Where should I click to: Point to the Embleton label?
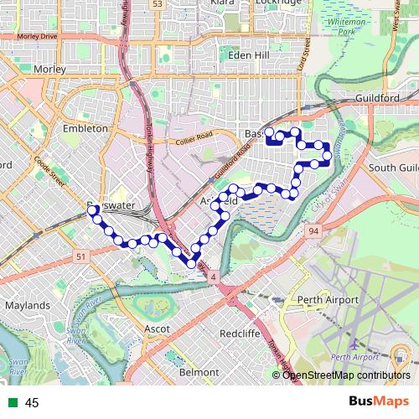(x=85, y=129)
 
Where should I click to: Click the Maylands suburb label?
(x=27, y=306)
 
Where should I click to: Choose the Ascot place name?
(x=158, y=328)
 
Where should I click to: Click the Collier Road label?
(x=194, y=138)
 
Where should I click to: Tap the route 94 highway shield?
(x=313, y=230)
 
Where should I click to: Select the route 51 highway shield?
(x=80, y=256)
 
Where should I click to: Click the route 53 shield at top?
(x=157, y=4)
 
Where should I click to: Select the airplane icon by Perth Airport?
(x=355, y=345)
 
